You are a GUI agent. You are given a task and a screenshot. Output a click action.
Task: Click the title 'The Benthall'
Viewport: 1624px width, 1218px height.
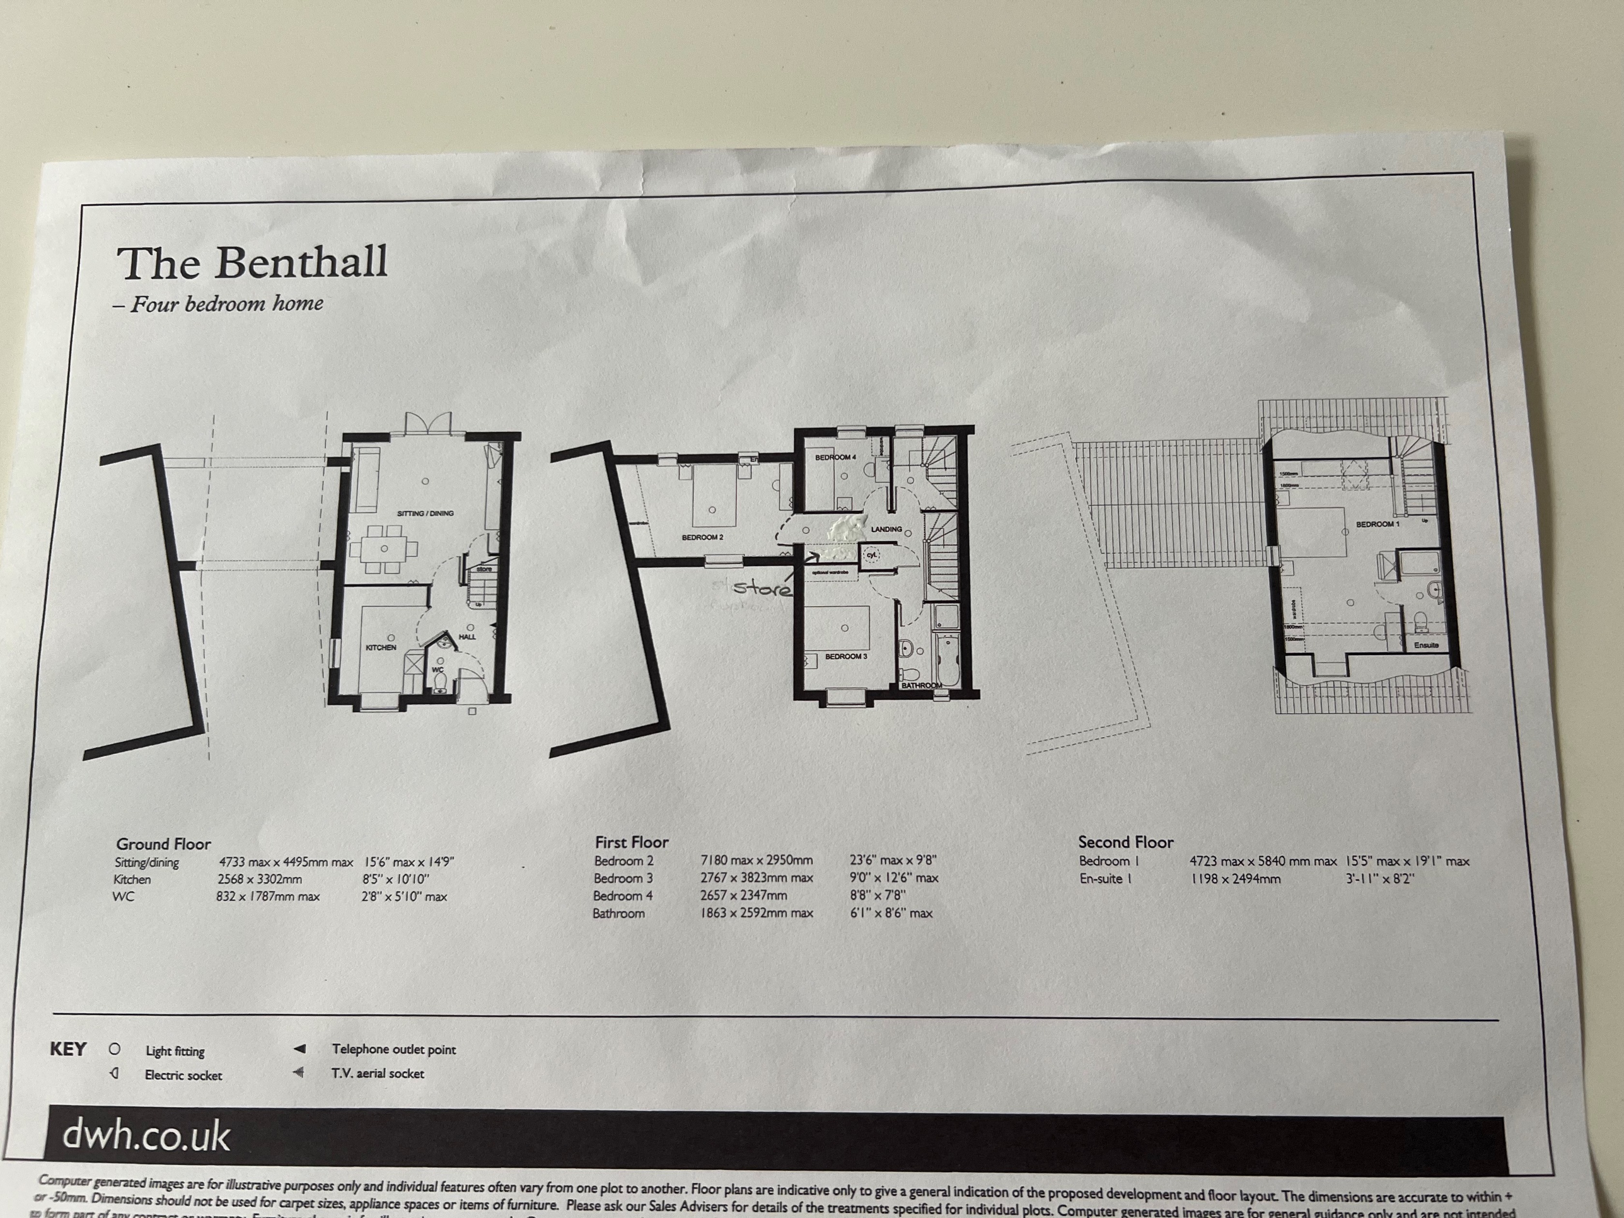point(252,263)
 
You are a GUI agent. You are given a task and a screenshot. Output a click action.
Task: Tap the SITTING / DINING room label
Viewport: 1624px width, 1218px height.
point(425,513)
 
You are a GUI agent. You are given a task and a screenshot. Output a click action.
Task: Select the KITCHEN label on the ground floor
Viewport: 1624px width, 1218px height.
point(380,648)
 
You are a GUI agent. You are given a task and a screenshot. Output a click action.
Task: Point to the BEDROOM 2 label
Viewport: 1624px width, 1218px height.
point(703,537)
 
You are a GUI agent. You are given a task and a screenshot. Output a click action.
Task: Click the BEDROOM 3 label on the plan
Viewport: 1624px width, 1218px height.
point(846,656)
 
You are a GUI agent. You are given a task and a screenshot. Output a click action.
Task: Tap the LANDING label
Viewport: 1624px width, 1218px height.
point(886,529)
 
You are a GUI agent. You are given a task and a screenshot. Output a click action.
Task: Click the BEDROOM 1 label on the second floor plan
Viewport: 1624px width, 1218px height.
point(1377,524)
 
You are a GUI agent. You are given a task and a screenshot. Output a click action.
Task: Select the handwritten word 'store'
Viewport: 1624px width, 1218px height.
point(763,587)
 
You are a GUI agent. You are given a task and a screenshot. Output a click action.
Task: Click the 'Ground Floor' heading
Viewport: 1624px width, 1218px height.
point(163,843)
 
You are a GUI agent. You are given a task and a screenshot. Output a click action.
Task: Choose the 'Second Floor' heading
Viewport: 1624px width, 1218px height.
point(1126,842)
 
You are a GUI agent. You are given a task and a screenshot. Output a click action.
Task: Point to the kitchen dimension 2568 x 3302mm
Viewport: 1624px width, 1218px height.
point(259,879)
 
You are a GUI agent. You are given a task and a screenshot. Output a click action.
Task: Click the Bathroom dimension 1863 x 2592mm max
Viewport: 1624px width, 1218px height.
point(756,913)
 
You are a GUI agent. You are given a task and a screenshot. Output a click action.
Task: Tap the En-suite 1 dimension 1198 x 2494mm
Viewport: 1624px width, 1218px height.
point(1235,878)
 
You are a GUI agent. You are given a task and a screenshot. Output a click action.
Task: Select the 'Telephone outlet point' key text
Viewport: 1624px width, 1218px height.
point(393,1049)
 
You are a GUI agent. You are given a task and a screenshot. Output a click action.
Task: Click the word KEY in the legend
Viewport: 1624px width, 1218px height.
point(68,1049)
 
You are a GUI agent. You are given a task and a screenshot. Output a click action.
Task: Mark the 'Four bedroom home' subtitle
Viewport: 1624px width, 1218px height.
point(226,304)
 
